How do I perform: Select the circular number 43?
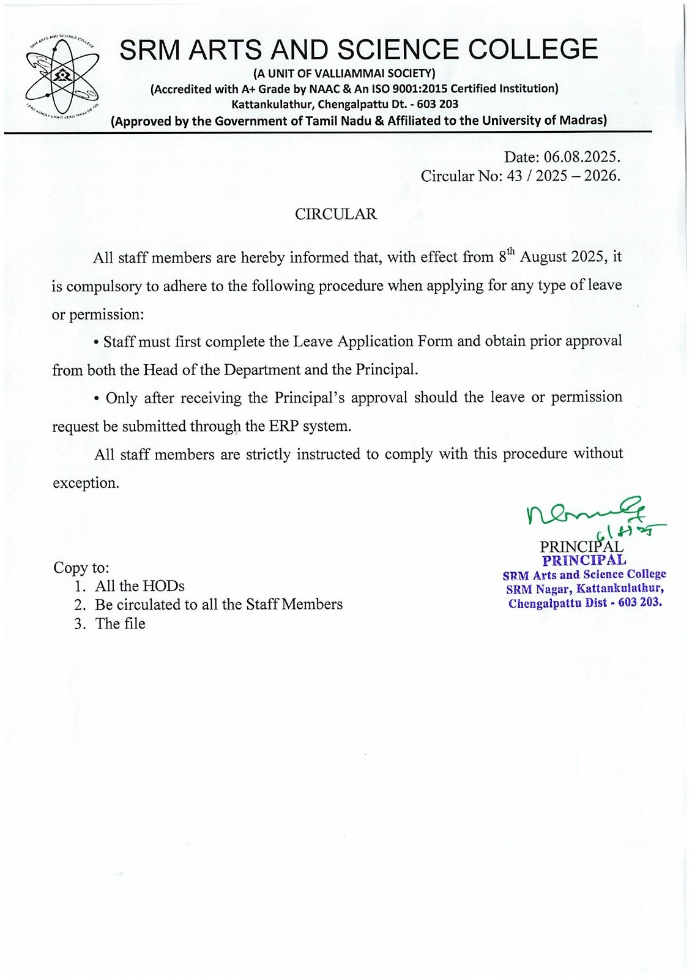click(x=515, y=176)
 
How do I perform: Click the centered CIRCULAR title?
click(x=336, y=214)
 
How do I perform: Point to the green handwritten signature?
click(x=587, y=514)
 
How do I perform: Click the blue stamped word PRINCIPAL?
click(x=584, y=560)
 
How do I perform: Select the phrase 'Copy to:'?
click(x=81, y=567)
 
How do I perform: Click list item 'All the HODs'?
click(x=140, y=586)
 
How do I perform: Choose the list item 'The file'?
click(x=120, y=624)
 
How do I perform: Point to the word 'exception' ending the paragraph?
click(x=84, y=483)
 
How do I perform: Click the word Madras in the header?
click(x=581, y=121)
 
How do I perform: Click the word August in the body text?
click(x=543, y=257)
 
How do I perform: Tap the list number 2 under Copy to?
click(x=80, y=605)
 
